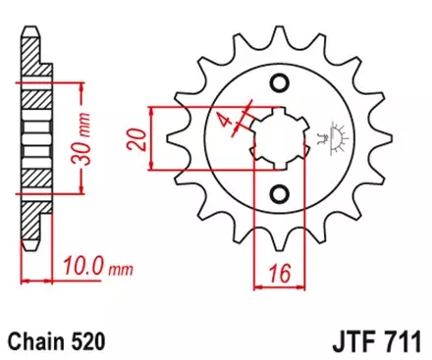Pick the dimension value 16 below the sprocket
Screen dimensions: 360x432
(284, 271)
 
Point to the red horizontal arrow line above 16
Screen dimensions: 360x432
(283, 287)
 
